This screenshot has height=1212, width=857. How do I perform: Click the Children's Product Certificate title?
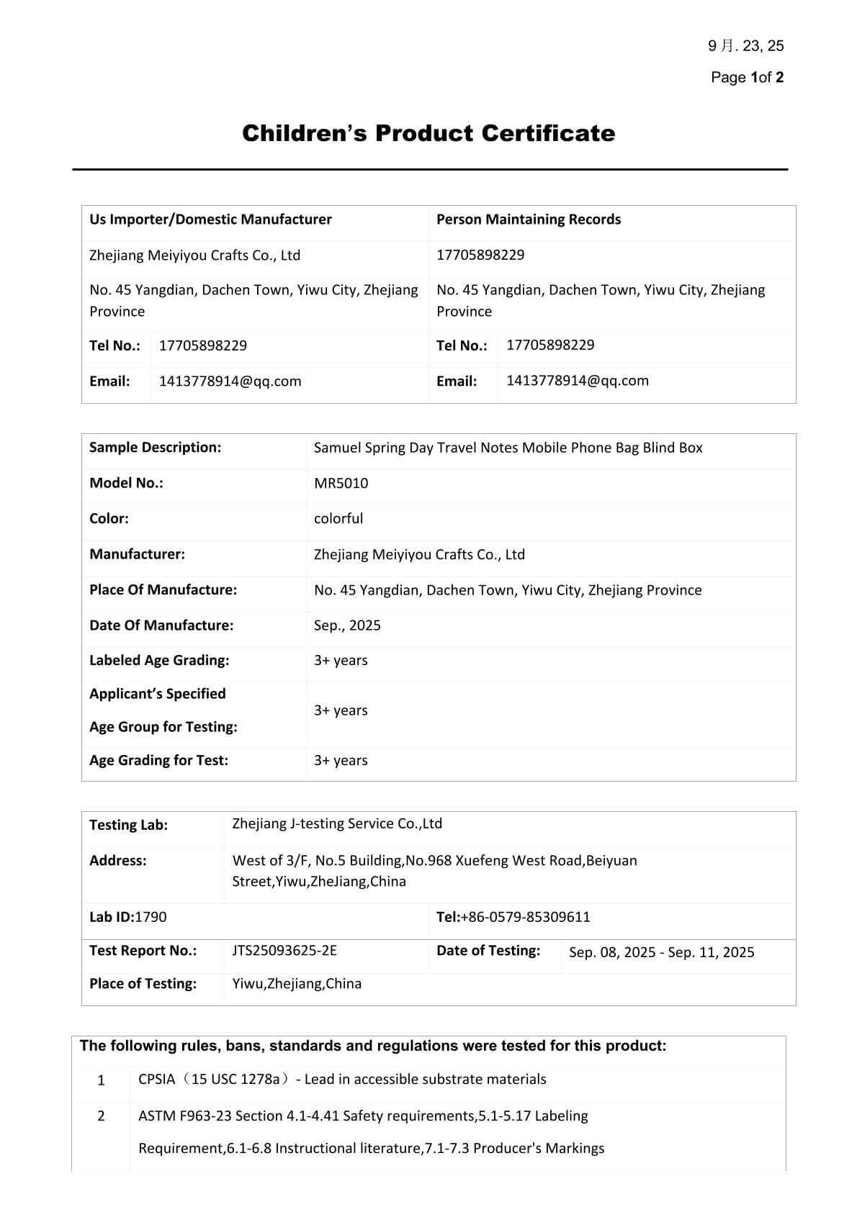(428, 133)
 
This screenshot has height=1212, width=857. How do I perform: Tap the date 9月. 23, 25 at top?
(745, 46)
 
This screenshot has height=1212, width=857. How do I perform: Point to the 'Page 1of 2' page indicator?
(747, 77)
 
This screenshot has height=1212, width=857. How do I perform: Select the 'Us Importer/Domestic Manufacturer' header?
(210, 220)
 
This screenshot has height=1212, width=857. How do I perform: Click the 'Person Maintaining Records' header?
(528, 220)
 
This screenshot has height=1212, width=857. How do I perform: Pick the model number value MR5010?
(341, 483)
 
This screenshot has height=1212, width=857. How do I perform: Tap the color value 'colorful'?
(338, 518)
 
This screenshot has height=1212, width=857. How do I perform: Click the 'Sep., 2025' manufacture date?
(347, 625)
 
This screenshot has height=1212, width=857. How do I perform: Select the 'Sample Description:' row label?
(155, 447)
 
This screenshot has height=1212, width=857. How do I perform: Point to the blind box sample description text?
(508, 447)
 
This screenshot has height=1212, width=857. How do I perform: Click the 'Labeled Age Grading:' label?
(159, 660)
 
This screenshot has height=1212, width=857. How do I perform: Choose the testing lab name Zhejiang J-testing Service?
(337, 823)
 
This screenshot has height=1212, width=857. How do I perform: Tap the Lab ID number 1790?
(151, 917)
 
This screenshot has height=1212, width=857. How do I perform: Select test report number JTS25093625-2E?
(284, 951)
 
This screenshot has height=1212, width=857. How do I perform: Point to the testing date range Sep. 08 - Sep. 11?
(661, 952)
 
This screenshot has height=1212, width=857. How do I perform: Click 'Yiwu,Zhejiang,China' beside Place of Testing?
(297, 984)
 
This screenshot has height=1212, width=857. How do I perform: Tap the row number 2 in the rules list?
(101, 1116)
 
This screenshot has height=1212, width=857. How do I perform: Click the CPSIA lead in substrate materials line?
(342, 1079)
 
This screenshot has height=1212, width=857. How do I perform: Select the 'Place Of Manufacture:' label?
(163, 589)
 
